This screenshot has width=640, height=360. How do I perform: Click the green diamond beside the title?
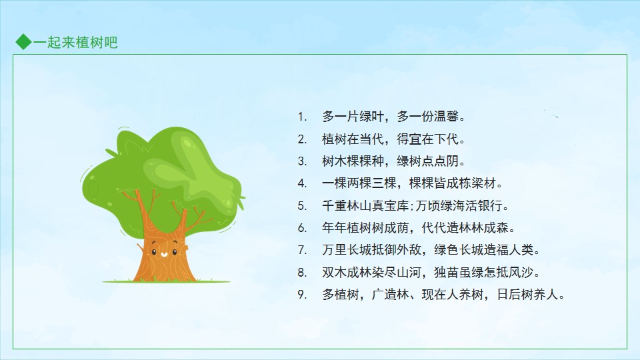tap(24, 42)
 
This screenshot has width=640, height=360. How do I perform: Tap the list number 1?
tap(301, 117)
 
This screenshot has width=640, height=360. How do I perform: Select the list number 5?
tap(301, 206)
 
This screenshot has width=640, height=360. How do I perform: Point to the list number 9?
tap(301, 294)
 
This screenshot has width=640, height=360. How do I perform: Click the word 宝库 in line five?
tap(397, 206)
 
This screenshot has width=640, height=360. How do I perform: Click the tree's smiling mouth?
tap(164, 255)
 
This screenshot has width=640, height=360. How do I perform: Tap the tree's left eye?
tap(154, 252)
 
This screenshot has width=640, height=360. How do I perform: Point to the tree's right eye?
tap(175, 252)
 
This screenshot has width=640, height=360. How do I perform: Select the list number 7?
tap(301, 250)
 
